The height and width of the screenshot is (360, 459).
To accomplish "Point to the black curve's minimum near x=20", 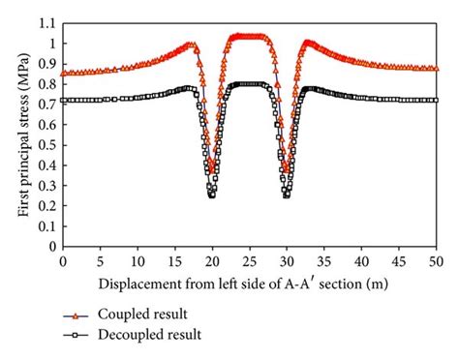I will click(211, 195).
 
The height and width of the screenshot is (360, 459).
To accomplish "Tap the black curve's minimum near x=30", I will click(287, 195).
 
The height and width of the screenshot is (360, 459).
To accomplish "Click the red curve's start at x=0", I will click(63, 73).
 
